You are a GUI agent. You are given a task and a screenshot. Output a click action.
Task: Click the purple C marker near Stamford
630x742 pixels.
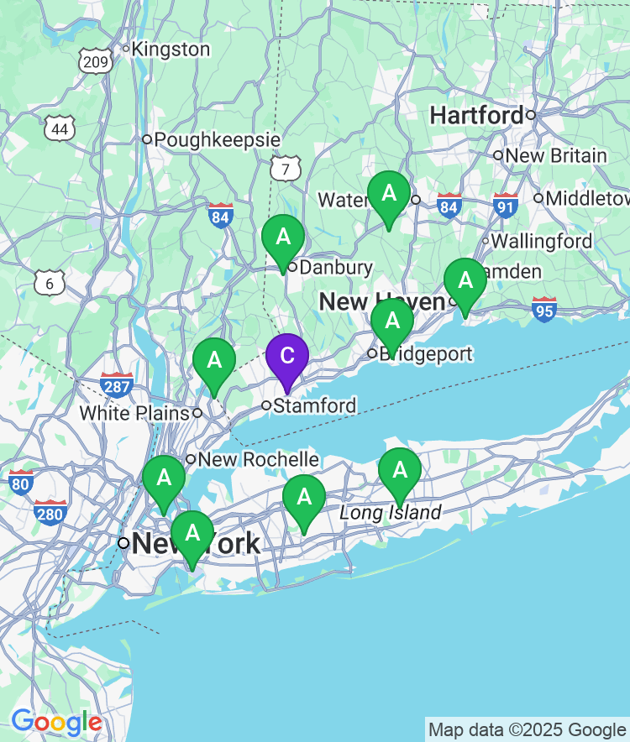(286, 357)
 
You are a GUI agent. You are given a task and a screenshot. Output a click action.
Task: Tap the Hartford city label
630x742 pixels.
(476, 115)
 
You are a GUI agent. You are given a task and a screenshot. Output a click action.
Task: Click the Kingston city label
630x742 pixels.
(171, 50)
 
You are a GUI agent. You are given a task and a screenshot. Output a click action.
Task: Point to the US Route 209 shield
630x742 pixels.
(96, 60)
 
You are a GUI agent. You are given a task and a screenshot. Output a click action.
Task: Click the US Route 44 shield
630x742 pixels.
(60, 128)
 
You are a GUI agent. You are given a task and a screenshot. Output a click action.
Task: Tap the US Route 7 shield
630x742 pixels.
(286, 169)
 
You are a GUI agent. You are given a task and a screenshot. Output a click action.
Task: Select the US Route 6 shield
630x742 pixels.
(50, 283)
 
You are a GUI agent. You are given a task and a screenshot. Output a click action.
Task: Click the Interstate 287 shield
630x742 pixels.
(116, 385)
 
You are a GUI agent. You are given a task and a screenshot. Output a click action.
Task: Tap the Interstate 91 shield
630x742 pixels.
(505, 206)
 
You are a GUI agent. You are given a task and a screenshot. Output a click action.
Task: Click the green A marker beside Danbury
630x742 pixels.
(283, 238)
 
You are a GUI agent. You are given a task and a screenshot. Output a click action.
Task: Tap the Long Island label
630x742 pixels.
(390, 513)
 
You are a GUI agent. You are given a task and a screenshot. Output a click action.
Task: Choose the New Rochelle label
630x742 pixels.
(258, 459)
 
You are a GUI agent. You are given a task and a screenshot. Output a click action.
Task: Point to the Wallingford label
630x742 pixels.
(541, 241)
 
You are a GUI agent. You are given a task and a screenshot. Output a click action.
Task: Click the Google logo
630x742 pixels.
(56, 722)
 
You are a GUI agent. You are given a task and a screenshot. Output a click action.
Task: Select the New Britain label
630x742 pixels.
(555, 155)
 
